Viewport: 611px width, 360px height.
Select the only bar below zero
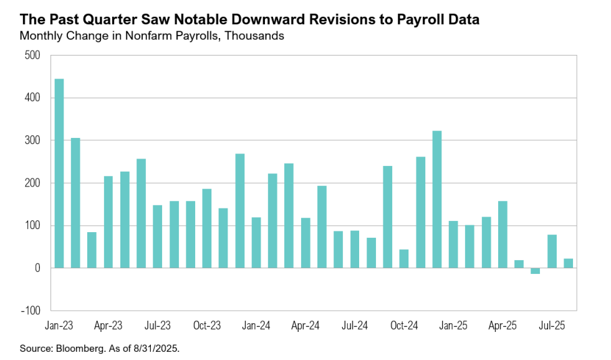point(535,271)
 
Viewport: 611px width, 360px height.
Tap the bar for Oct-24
point(404,259)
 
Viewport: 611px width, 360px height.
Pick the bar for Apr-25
point(503,235)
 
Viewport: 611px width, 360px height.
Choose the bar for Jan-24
point(256,243)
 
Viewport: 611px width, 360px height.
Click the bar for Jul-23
point(157,236)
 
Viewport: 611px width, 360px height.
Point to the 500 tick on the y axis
point(32,56)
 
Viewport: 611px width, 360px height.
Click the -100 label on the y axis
point(30,311)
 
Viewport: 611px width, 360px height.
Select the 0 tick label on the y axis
point(37,268)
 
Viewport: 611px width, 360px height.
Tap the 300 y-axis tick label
point(32,140)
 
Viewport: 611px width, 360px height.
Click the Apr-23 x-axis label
point(108,325)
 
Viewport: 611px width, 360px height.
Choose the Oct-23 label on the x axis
point(206,325)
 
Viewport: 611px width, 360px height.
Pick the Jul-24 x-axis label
point(354,325)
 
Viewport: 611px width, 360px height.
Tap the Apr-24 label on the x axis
point(305,325)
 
